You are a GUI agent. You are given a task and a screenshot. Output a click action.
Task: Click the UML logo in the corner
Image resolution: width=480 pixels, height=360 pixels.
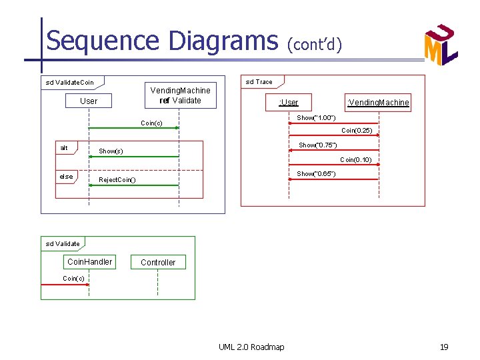[x=441, y=45]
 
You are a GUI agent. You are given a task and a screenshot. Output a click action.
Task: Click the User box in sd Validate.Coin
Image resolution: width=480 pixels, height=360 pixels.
[x=88, y=101]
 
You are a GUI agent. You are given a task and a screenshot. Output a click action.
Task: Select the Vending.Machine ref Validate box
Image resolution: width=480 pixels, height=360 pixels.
[x=180, y=95]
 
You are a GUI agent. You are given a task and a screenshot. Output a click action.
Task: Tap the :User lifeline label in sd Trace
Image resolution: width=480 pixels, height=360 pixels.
[x=289, y=102]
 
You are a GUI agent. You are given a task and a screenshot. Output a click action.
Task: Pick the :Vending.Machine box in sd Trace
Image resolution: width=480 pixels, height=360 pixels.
[x=378, y=102]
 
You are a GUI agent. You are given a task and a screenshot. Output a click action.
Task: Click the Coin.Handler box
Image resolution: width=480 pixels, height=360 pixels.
[x=90, y=262]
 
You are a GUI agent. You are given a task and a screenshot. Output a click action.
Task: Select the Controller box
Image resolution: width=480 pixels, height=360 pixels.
[x=158, y=263]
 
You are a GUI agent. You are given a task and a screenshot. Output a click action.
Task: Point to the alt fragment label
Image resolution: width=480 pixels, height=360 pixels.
[x=64, y=148]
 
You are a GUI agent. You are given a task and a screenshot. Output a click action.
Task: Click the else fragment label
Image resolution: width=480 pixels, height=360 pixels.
[x=66, y=177]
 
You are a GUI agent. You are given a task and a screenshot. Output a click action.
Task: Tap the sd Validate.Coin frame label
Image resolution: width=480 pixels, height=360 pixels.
[x=69, y=83]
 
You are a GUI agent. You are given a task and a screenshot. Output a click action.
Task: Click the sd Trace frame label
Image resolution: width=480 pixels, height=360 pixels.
[x=259, y=82]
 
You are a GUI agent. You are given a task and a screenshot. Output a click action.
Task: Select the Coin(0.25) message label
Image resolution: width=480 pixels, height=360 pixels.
[x=357, y=131]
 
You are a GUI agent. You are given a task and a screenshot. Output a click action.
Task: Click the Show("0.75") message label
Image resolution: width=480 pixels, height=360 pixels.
[x=317, y=145]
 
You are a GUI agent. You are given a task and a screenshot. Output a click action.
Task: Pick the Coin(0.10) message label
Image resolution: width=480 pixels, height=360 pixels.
[x=356, y=160]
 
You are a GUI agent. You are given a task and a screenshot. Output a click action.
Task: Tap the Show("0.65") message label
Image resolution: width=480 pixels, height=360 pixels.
[x=316, y=174]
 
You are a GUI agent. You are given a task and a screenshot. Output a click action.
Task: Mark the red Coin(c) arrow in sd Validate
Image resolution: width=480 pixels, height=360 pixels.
[x=65, y=285]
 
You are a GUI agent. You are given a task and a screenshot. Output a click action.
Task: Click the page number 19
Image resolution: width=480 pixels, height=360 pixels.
[x=443, y=347]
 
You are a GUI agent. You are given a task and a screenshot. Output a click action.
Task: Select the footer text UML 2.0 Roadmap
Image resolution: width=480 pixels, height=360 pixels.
[x=251, y=347]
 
